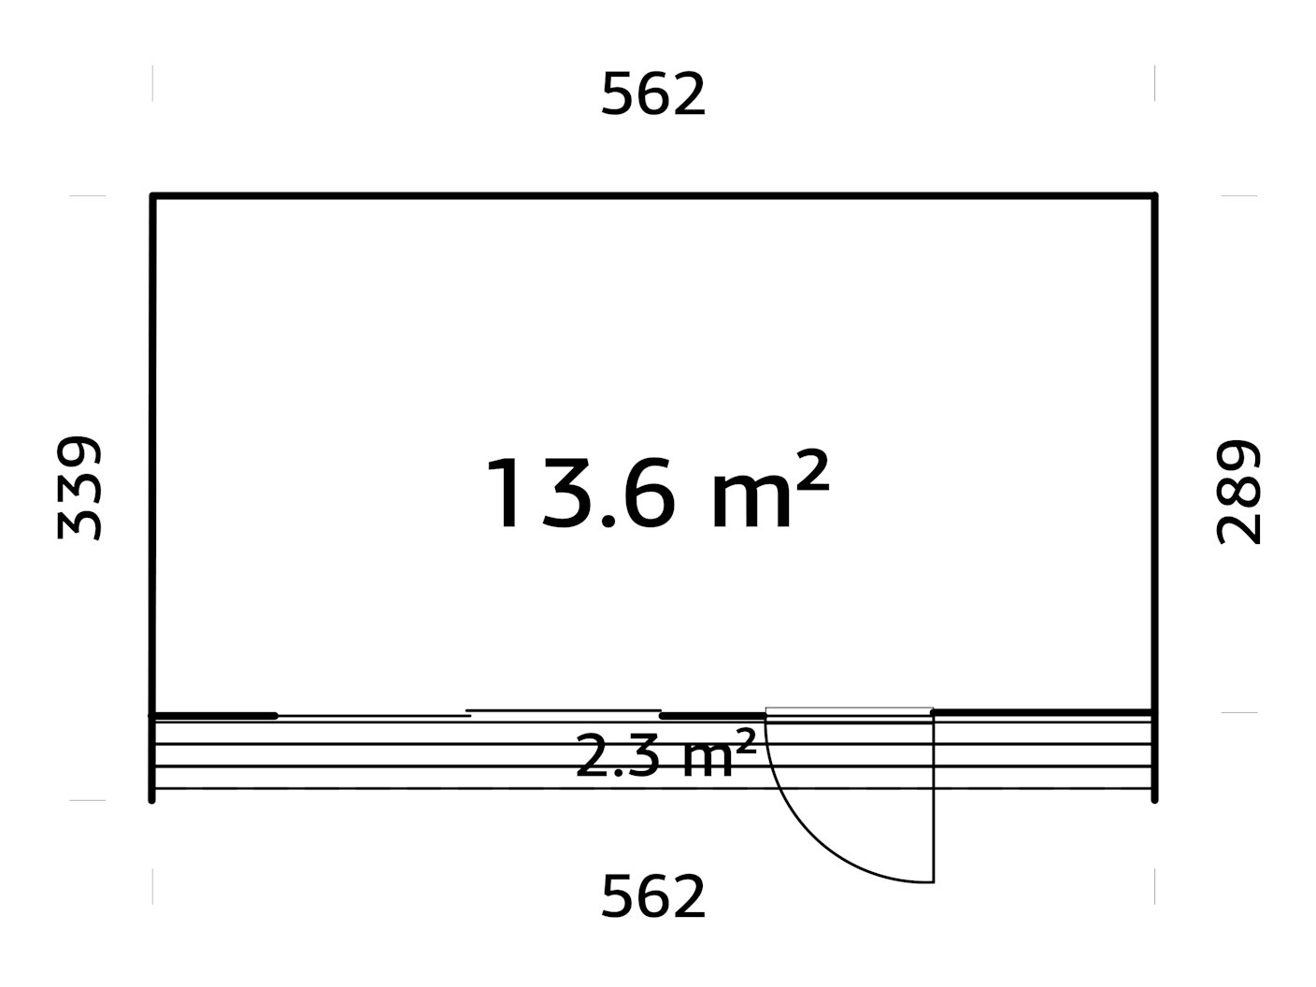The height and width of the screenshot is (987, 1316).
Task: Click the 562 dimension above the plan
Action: tap(653, 94)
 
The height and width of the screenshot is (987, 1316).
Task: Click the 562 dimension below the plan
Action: tap(653, 896)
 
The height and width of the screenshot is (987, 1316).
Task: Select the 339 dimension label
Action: tap(79, 488)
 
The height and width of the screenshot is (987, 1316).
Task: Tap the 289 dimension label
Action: tap(1238, 492)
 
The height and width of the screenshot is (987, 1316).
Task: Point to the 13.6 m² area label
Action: tap(657, 489)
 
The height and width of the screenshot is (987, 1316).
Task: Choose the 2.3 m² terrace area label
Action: tap(665, 754)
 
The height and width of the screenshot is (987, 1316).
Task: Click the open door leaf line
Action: tap(934, 797)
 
